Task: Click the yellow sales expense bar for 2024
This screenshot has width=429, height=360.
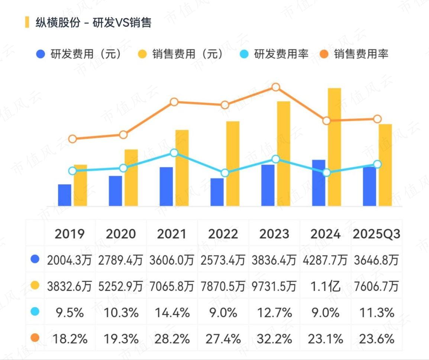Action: [x=334, y=147]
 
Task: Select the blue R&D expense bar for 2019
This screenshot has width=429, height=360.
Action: [x=65, y=195]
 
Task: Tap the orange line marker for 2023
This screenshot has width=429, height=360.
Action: [x=276, y=87]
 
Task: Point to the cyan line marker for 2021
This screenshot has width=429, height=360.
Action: [x=174, y=153]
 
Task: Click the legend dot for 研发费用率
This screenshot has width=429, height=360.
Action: [x=243, y=54]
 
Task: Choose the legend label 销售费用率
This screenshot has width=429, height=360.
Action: [x=361, y=54]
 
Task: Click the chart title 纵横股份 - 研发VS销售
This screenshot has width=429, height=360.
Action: [x=93, y=22]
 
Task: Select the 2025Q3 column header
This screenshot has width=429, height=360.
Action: [x=377, y=234]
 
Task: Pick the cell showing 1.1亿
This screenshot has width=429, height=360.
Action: [x=325, y=286]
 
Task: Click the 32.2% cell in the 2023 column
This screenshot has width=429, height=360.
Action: [x=274, y=339]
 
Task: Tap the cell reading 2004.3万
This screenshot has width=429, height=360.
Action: [x=69, y=260]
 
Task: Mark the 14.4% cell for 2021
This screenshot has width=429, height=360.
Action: [x=172, y=313]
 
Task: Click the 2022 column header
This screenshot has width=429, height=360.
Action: [x=223, y=234]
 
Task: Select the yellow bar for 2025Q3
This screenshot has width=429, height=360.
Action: [x=385, y=165]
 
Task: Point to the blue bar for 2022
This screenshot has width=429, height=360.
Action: [x=217, y=192]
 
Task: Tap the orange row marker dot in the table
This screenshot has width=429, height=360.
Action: [x=35, y=338]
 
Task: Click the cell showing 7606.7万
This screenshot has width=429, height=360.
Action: [x=377, y=286]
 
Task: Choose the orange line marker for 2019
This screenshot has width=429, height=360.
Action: [x=72, y=139]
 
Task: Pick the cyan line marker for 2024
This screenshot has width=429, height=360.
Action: [x=326, y=173]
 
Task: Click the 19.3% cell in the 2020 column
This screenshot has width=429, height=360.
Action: [x=121, y=339]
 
